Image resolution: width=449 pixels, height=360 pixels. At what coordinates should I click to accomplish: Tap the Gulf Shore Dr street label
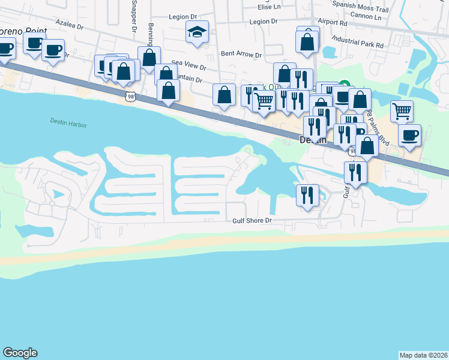click(253, 221)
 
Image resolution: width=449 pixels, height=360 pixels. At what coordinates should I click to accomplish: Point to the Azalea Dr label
click(68, 23)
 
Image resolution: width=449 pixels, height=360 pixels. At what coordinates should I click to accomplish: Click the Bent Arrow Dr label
click(241, 55)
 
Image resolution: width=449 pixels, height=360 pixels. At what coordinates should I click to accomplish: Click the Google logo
click(20, 353)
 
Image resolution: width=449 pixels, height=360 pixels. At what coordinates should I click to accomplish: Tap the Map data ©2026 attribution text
click(424, 355)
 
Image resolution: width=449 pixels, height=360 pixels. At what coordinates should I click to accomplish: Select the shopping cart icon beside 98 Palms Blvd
click(402, 110)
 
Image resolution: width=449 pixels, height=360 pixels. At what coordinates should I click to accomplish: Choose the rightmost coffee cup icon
click(409, 134)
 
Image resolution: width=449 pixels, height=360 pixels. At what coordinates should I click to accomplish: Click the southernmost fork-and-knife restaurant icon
click(306, 194)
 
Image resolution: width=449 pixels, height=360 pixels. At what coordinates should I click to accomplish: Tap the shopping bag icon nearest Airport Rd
click(307, 41)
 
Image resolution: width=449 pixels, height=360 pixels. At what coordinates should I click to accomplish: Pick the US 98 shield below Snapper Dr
click(130, 96)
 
